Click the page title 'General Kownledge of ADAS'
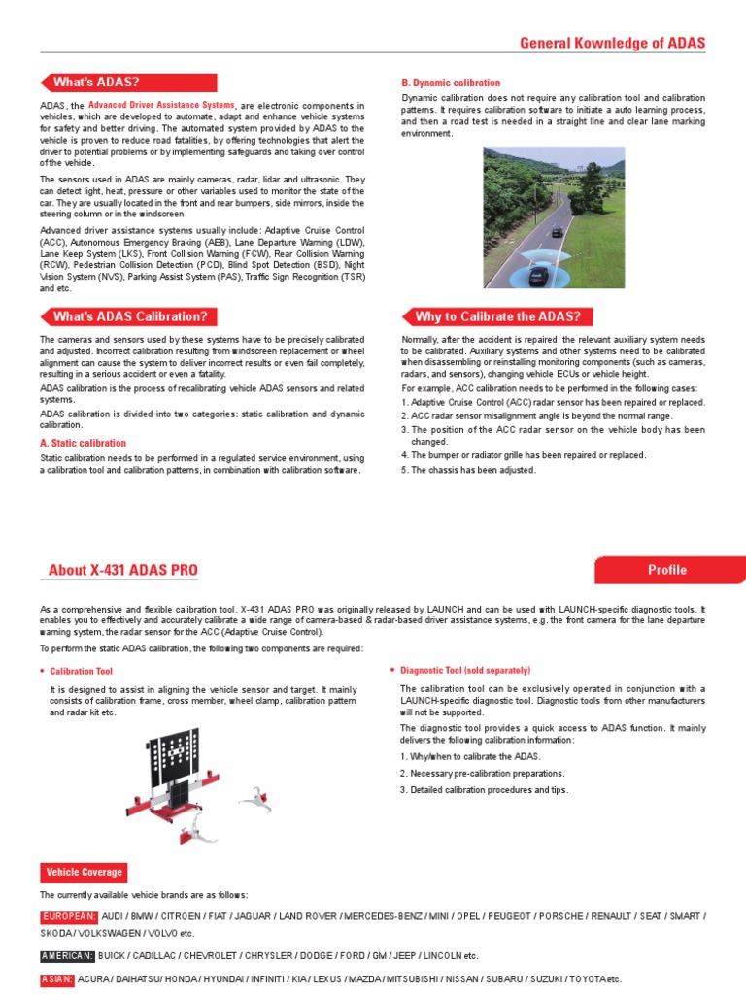point(612,44)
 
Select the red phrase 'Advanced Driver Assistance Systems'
point(161,104)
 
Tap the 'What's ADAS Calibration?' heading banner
point(129,316)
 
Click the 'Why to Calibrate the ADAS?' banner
point(496,316)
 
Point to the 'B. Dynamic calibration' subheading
point(451,83)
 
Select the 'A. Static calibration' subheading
point(83,443)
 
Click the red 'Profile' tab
point(667,570)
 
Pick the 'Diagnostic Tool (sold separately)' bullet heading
point(465,670)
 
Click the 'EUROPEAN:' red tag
point(68,916)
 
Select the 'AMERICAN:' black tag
point(66,956)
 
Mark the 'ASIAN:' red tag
point(56,979)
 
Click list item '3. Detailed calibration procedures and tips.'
point(484,790)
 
